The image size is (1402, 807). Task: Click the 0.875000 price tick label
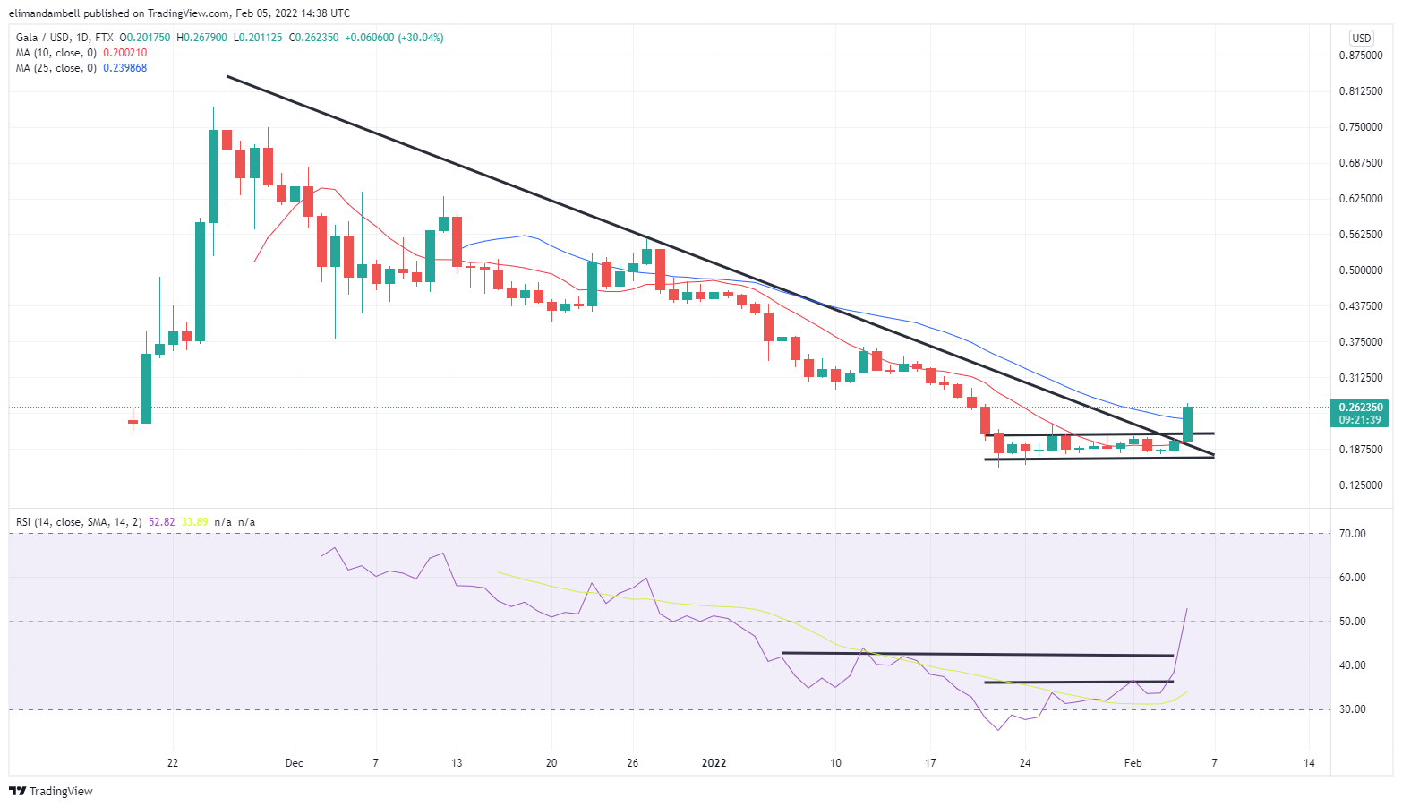tap(1360, 56)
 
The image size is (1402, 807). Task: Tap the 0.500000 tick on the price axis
tap(1360, 270)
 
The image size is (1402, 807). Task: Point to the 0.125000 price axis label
tap(1360, 485)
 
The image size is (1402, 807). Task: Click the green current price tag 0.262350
tap(1360, 408)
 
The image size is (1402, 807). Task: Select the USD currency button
tap(1361, 38)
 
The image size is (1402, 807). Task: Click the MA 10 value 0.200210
tap(125, 53)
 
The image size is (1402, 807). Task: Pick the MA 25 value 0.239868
tap(125, 68)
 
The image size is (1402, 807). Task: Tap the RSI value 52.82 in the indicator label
tap(162, 522)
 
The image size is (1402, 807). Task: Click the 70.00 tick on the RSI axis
tap(1352, 534)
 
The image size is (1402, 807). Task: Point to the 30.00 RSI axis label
tap(1352, 709)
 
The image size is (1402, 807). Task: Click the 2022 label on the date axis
tap(714, 763)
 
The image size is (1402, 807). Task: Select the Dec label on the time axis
tap(294, 763)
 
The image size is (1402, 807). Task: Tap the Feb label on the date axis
tap(1133, 763)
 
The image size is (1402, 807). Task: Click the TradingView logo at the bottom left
tap(51, 791)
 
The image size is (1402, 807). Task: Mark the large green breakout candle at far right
tap(1188, 424)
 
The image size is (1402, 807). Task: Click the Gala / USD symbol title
tap(42, 38)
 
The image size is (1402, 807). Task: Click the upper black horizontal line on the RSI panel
tap(977, 655)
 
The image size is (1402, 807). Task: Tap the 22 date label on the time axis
tap(173, 763)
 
